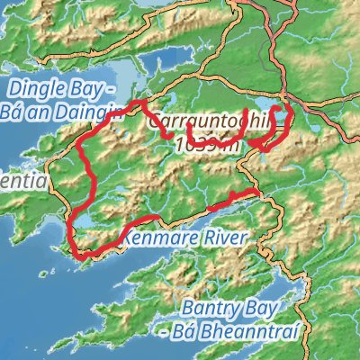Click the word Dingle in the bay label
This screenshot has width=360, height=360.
[x=33, y=89]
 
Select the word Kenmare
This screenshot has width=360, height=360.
[x=154, y=238]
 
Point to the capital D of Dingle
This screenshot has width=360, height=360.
[x=14, y=89]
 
